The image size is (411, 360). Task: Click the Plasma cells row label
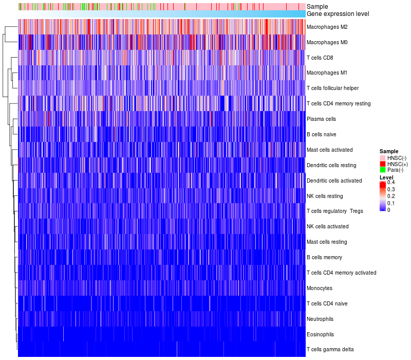[x=321, y=119]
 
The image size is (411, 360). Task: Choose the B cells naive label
[x=321, y=134]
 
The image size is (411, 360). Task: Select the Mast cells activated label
[x=329, y=150]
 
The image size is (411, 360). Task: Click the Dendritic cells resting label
[x=331, y=165]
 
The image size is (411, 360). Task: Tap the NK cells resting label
[x=324, y=196]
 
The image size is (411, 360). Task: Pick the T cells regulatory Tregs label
[x=334, y=211]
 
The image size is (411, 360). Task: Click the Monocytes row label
[x=320, y=288]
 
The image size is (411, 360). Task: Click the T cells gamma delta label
[x=330, y=350]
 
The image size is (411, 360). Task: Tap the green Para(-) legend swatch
[x=382, y=170]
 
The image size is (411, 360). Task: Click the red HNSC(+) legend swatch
[x=382, y=164]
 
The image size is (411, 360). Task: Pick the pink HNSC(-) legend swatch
[x=382, y=158]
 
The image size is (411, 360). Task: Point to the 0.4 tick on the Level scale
[x=391, y=183]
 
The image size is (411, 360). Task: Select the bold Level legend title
[x=386, y=177]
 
